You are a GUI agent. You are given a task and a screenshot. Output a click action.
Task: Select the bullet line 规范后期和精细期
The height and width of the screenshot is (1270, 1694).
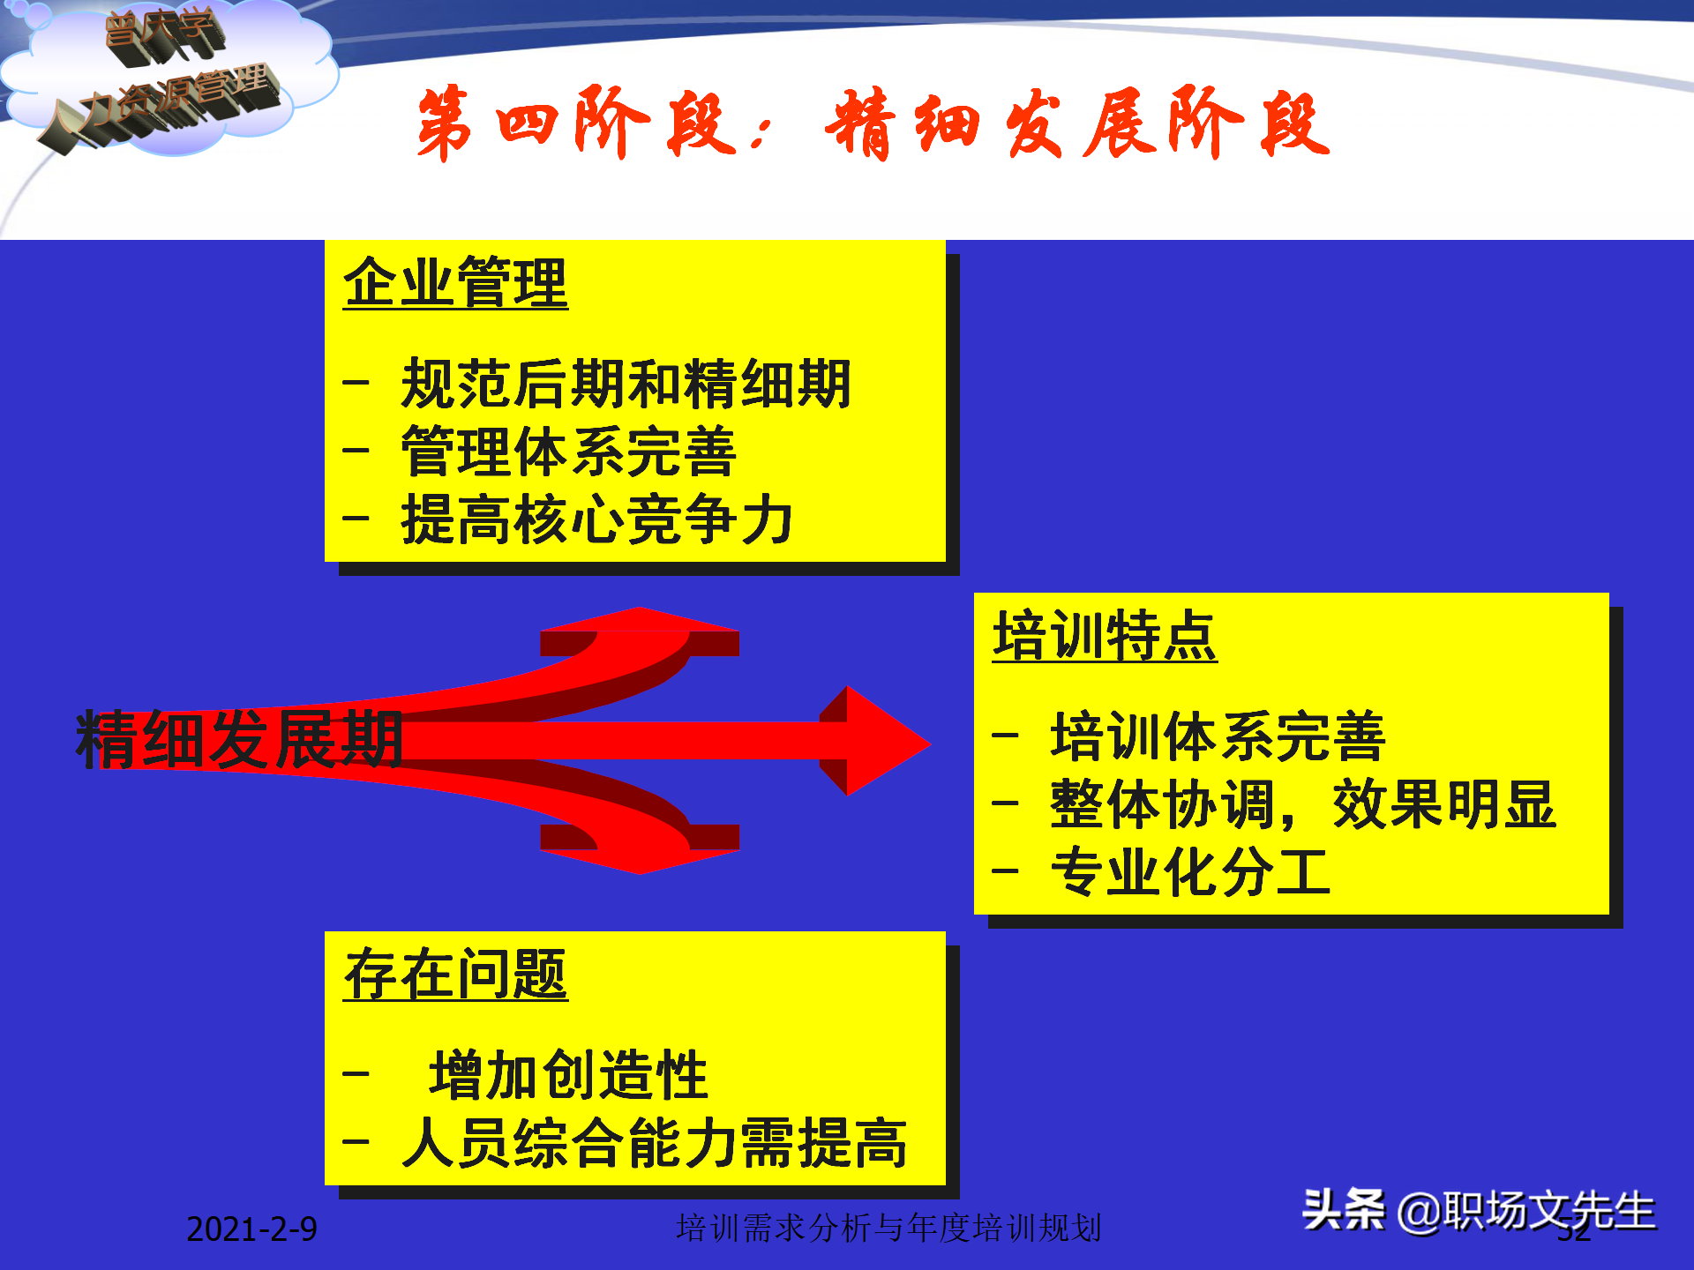point(625,384)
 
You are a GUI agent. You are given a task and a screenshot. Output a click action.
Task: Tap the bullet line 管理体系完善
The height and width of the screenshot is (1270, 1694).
point(568,452)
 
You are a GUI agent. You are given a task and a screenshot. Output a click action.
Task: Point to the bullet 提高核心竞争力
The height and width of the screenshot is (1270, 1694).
point(596,519)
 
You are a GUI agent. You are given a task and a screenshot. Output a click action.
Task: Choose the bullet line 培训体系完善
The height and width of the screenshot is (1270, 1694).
point(1218,736)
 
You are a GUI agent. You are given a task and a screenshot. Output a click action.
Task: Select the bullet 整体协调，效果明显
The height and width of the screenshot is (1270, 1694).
point(1302,804)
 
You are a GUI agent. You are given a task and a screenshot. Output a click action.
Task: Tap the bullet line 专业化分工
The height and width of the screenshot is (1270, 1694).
point(1189,872)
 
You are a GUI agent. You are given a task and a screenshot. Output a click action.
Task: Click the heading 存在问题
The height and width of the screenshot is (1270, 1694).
point(455,975)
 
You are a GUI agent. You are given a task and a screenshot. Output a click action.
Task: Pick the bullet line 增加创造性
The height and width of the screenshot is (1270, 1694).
point(568,1075)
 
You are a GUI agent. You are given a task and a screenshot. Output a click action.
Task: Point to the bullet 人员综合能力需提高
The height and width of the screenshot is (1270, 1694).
point(653,1143)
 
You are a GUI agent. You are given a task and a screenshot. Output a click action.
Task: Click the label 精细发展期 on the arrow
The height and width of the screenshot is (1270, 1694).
point(240,739)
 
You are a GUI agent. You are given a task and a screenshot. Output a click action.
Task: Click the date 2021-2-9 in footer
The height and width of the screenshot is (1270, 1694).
point(251,1229)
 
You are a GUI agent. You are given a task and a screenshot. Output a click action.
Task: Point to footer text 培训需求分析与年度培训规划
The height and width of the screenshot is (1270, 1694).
point(888,1228)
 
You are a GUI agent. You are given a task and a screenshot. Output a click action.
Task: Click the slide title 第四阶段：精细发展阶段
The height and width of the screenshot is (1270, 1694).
point(873,123)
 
